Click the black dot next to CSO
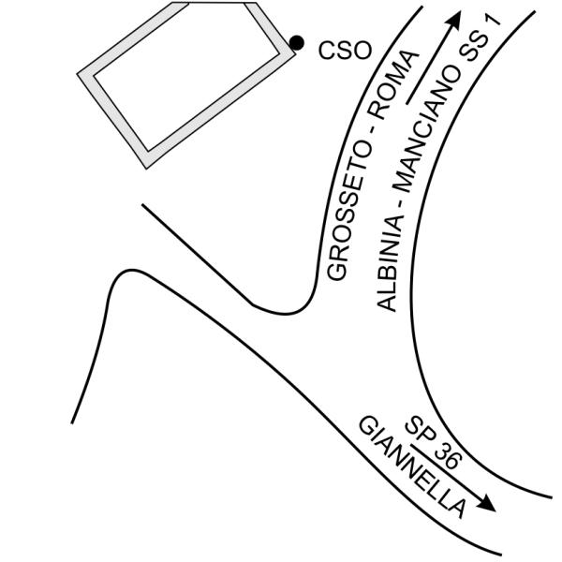pos(297,43)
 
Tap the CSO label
pos(345,51)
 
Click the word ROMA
pos(393,85)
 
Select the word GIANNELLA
pos(412,466)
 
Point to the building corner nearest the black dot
pos(295,54)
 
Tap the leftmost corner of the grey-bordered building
pos(78,74)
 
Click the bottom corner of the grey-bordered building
pos(146,169)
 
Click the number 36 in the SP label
pos(447,456)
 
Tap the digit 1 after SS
pos(495,20)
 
